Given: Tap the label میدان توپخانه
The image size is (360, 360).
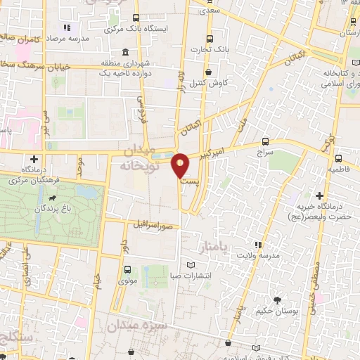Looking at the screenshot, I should coord(142,160).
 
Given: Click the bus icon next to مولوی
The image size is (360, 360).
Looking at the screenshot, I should coord(127,269).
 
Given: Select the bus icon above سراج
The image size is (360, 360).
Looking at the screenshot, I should coord(265,141).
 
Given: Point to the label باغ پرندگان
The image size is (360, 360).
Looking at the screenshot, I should coord(56,208).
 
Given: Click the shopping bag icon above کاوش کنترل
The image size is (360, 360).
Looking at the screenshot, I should coord(207,71).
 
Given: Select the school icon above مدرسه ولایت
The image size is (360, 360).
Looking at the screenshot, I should coord(258,245).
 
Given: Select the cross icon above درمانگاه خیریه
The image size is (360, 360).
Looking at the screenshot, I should coord(320,195).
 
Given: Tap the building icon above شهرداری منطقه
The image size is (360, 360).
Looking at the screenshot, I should coord(124,52).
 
